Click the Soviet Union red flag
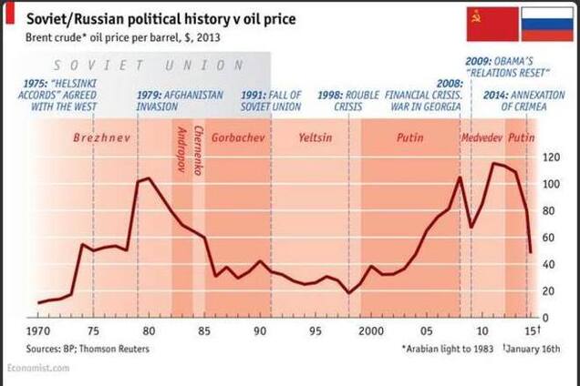(492, 25)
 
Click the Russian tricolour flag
(546, 25)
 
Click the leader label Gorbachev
(238, 139)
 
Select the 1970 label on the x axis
(38, 331)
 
